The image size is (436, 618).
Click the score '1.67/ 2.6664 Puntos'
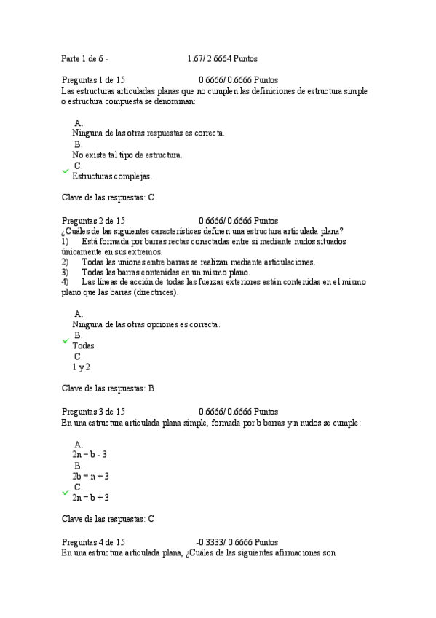coord(221,58)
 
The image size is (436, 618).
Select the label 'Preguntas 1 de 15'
coord(93,80)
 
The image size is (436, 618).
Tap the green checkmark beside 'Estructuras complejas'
coord(66,171)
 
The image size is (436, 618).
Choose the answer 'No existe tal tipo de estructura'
coord(127,154)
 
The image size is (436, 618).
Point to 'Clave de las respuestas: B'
coord(108,388)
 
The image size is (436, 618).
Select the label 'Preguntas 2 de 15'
coord(93,221)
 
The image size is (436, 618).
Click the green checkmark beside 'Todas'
coord(66,340)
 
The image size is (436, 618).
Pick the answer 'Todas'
coord(83,346)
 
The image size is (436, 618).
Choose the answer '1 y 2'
coord(81,367)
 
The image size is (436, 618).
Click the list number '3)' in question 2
coord(65,272)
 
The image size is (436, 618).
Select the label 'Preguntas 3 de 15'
coord(93,412)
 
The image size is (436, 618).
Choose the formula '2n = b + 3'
coord(90,497)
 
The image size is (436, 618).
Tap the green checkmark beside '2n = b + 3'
coord(66,493)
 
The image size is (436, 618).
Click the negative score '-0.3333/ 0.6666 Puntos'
coord(237,542)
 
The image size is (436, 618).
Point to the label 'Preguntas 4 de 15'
coord(93,542)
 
